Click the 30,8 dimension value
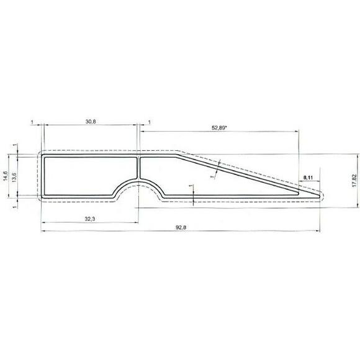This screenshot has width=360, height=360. point(90,122)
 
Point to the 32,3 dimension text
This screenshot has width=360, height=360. point(89,219)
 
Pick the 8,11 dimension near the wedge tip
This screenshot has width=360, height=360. point(308,178)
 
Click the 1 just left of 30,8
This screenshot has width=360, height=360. point(32,122)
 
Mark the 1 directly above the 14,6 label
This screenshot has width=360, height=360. point(14,146)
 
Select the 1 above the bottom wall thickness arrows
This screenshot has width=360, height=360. point(191,186)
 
